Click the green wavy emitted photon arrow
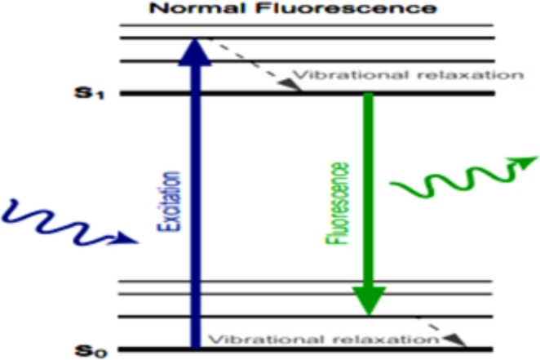[457, 180]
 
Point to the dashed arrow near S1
[253, 65]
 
